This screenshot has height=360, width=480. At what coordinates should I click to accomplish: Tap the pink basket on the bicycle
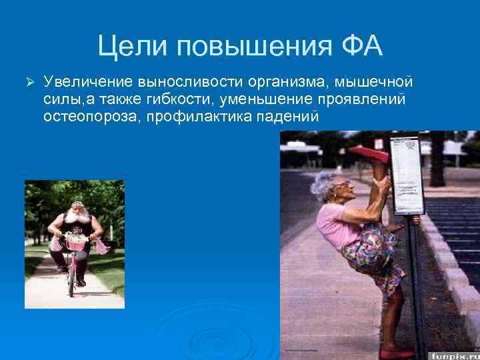(x=76, y=243)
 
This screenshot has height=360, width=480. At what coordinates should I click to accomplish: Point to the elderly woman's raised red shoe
(x=369, y=153)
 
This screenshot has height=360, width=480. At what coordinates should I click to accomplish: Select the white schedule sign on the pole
(x=407, y=175)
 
